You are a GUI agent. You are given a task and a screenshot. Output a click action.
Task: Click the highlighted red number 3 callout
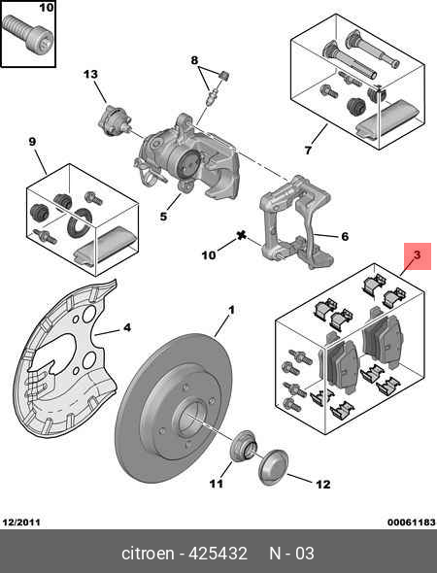click(x=418, y=256)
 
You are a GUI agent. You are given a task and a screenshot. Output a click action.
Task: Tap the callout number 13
click(x=90, y=75)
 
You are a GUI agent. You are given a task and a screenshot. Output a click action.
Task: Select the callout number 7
click(x=308, y=151)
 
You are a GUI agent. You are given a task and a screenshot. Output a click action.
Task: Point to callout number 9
click(x=32, y=141)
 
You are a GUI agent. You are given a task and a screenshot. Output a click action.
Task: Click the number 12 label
click(x=322, y=485)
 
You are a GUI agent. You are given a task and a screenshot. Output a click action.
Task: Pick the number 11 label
click(x=216, y=484)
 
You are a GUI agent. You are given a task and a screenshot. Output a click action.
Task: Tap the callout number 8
click(x=194, y=60)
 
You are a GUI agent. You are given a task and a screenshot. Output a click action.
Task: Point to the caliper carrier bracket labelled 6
click(x=296, y=223)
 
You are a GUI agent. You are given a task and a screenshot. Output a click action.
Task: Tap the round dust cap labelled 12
click(x=273, y=468)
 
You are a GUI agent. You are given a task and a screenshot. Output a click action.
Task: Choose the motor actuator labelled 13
click(x=114, y=121)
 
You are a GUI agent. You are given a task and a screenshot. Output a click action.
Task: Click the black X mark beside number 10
click(x=241, y=236)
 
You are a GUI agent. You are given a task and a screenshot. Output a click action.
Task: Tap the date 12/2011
click(x=21, y=522)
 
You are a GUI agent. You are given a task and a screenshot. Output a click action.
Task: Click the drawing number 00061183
click(x=412, y=522)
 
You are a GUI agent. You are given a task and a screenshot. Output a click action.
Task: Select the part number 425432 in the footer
click(x=218, y=554)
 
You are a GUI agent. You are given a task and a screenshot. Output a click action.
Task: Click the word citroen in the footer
click(x=148, y=554)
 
